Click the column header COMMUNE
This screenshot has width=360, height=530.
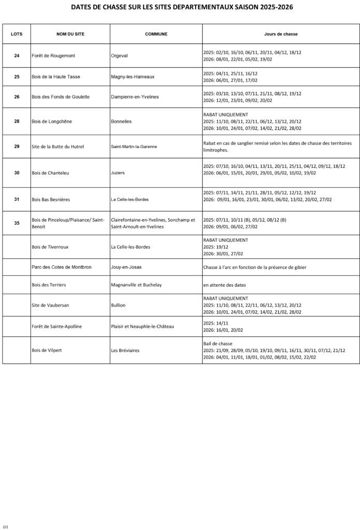click(x=156, y=34)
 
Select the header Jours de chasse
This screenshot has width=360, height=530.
click(x=280, y=34)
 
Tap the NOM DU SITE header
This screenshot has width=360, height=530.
click(x=70, y=34)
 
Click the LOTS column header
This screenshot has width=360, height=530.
click(x=17, y=34)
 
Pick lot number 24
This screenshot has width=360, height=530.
click(x=17, y=56)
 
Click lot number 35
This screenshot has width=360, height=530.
click(x=17, y=223)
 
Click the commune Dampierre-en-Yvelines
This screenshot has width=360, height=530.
click(x=134, y=97)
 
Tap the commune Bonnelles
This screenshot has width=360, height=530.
click(x=122, y=122)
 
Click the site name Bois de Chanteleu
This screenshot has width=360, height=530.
click(x=51, y=173)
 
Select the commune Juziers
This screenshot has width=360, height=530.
click(x=118, y=173)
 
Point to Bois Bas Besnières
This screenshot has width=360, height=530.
click(x=52, y=199)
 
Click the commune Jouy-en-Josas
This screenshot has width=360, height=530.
click(x=126, y=267)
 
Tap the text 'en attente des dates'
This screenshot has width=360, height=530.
click(x=224, y=285)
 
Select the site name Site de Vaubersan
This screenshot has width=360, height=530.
click(x=52, y=305)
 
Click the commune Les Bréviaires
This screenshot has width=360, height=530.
click(x=125, y=350)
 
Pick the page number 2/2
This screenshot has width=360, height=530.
click(x=6, y=527)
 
